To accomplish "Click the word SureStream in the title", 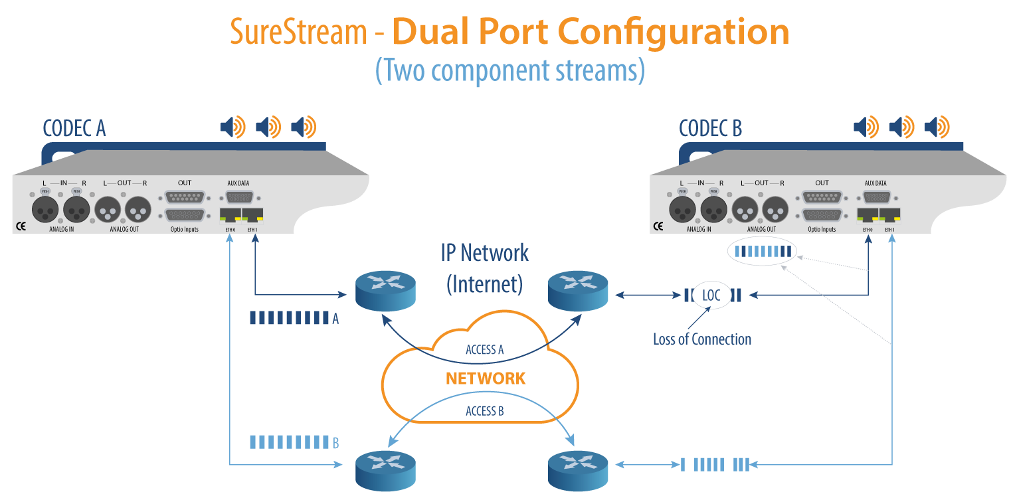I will pos(299,32).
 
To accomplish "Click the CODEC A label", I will pos(74,128).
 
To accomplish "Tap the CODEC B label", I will pos(710,128).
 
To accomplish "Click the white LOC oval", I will pos(711,295).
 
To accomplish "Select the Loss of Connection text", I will pos(702,339).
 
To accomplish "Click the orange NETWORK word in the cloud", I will pos(486,378).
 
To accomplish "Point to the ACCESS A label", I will pos(485,350).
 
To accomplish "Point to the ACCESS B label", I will pos(485,411).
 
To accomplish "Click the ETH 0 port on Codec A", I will pos(230,215).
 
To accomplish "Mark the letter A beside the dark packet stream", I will pos(335,319).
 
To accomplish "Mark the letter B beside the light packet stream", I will pos(335,442).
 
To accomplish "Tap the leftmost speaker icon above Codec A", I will pos(232,126).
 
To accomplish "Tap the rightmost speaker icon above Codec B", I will pos(937,126).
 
